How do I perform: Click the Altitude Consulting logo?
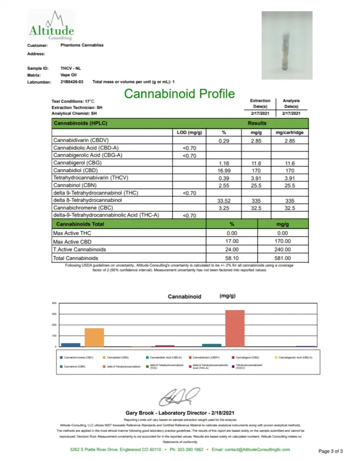tap(51, 26)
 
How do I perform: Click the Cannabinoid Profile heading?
tap(179, 94)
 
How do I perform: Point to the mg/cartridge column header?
tap(289, 133)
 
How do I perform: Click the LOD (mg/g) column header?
tap(190, 133)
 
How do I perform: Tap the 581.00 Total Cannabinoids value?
tap(283, 258)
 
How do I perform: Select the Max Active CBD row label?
tap(69, 242)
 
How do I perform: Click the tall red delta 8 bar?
tap(235, 328)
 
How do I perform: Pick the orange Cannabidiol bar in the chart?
tap(94, 337)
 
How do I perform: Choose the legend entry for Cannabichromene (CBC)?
tap(78, 357)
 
